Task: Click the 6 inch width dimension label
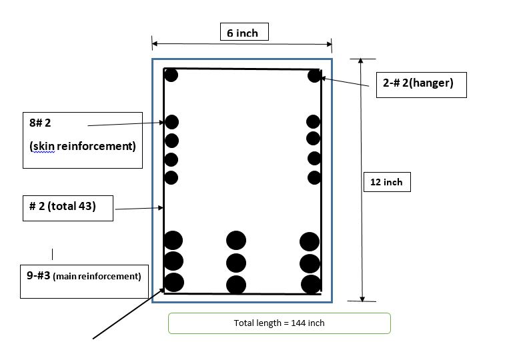point(243,32)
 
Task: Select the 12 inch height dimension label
point(386,181)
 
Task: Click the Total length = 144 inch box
point(279,323)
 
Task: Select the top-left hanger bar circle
point(171,75)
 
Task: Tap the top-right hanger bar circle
point(315,76)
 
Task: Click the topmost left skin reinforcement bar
point(171,122)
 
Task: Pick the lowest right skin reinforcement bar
point(314,177)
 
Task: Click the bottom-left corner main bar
point(173,282)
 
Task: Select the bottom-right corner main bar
point(311,285)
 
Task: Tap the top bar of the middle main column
point(236,241)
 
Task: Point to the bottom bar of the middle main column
point(236,285)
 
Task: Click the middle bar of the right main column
point(310,263)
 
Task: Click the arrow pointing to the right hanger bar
point(347,83)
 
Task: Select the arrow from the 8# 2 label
point(127,124)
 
